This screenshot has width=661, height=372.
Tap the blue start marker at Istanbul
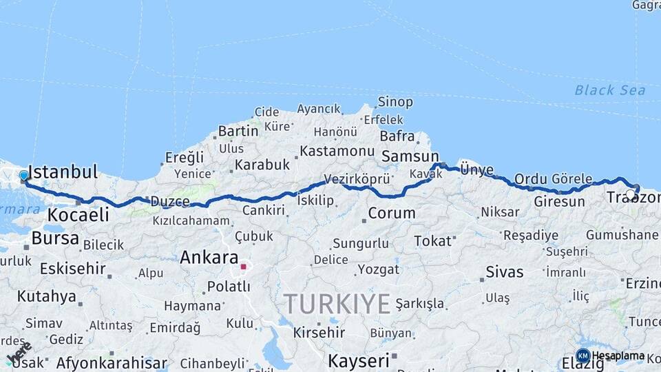tap(24, 176)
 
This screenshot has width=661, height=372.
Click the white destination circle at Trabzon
tap(631, 195)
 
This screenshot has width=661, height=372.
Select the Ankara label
tap(208, 258)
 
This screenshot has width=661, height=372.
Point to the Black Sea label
tap(609, 90)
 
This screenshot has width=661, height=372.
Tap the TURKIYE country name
tap(337, 303)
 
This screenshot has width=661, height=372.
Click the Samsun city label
tap(410, 156)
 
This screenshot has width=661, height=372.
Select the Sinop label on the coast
tap(395, 102)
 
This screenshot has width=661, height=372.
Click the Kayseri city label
tap(358, 360)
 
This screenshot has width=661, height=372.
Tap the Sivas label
tap(504, 271)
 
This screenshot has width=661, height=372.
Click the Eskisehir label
tap(72, 268)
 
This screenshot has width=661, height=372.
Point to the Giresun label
tap(559, 202)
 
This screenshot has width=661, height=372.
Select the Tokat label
tap(433, 240)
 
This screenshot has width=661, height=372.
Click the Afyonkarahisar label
tap(112, 362)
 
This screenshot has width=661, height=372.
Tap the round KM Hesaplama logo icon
tap(583, 355)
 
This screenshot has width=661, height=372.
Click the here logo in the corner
tap(19, 353)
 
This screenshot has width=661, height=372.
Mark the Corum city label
tap(391, 213)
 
